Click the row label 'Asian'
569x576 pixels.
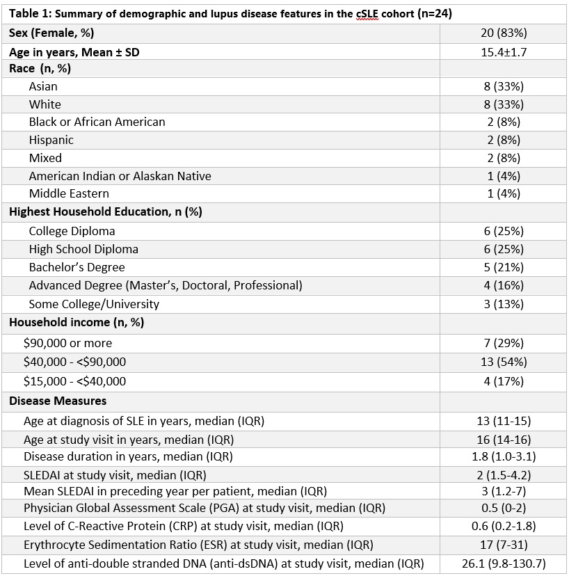tap(43, 86)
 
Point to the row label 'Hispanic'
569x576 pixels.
tap(51, 140)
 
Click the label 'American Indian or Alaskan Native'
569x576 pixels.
tap(120, 176)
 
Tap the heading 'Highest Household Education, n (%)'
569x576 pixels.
tap(105, 212)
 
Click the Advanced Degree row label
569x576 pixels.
tap(166, 285)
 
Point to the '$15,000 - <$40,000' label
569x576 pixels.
tap(74, 381)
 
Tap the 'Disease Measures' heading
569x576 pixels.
tap(58, 401)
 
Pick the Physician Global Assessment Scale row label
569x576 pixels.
tap(204, 508)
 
